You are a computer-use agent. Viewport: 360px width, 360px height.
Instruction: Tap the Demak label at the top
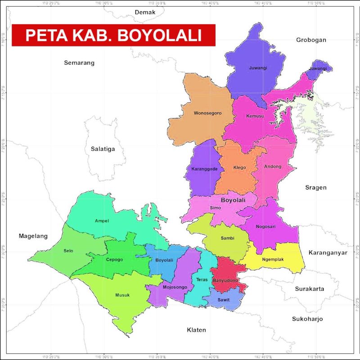145,12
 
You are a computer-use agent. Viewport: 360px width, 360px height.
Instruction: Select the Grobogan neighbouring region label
311,40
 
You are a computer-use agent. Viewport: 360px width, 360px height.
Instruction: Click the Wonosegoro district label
207,113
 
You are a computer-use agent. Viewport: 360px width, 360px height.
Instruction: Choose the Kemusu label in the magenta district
255,116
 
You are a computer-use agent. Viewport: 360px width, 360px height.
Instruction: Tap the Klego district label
239,168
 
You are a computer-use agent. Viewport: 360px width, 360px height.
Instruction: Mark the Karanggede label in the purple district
205,169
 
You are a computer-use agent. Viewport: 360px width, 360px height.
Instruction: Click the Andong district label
273,166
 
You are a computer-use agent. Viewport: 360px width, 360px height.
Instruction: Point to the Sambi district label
227,238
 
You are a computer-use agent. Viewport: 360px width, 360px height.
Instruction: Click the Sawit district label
223,300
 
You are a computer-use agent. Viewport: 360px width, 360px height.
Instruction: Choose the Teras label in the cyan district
202,279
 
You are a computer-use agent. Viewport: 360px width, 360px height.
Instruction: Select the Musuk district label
122,295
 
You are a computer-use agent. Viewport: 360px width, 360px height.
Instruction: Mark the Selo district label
68,251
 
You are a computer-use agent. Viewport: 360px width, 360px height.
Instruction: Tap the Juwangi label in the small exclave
318,68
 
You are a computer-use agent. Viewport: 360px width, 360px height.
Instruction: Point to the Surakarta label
310,288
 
